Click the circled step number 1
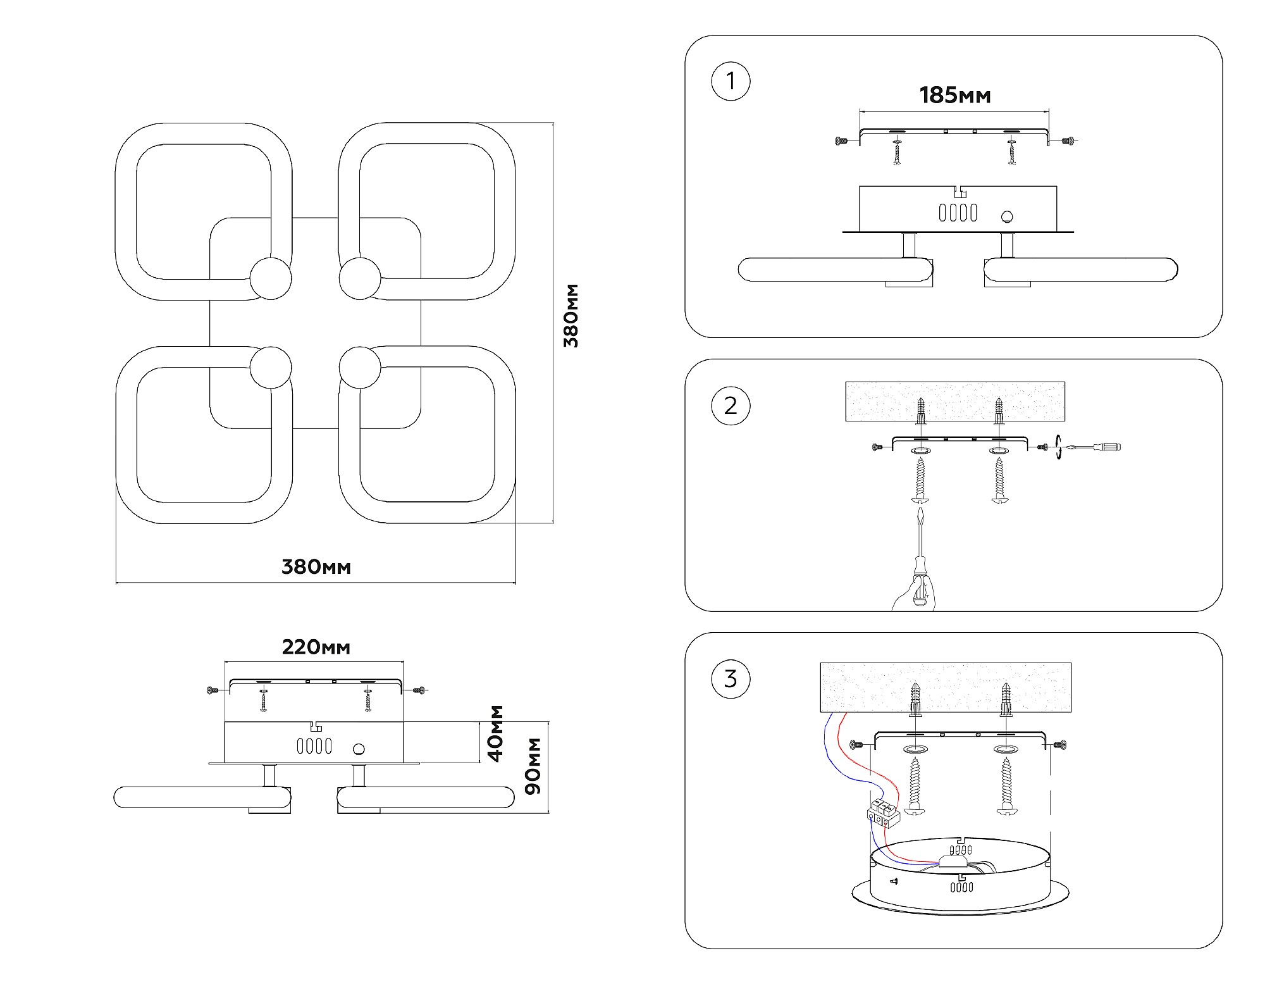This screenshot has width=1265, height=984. tap(731, 82)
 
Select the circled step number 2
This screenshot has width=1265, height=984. tap(731, 406)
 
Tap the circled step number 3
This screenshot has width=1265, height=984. tap(731, 679)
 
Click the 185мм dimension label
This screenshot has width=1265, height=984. tap(954, 96)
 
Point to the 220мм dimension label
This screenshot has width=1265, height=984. tap(316, 647)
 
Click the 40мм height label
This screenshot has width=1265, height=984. tap(497, 733)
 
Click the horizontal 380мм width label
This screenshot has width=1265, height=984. tap(316, 567)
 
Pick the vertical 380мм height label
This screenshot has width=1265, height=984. tap(571, 316)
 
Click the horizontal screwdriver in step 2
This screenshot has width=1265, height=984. tap(1094, 447)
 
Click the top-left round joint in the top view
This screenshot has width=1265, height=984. tap(271, 278)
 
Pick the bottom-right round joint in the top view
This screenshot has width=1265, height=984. tap(360, 368)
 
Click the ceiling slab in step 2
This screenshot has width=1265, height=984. tap(955, 401)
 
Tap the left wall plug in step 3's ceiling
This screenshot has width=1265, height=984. tap(915, 700)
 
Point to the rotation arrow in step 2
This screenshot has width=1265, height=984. tap(1058, 447)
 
